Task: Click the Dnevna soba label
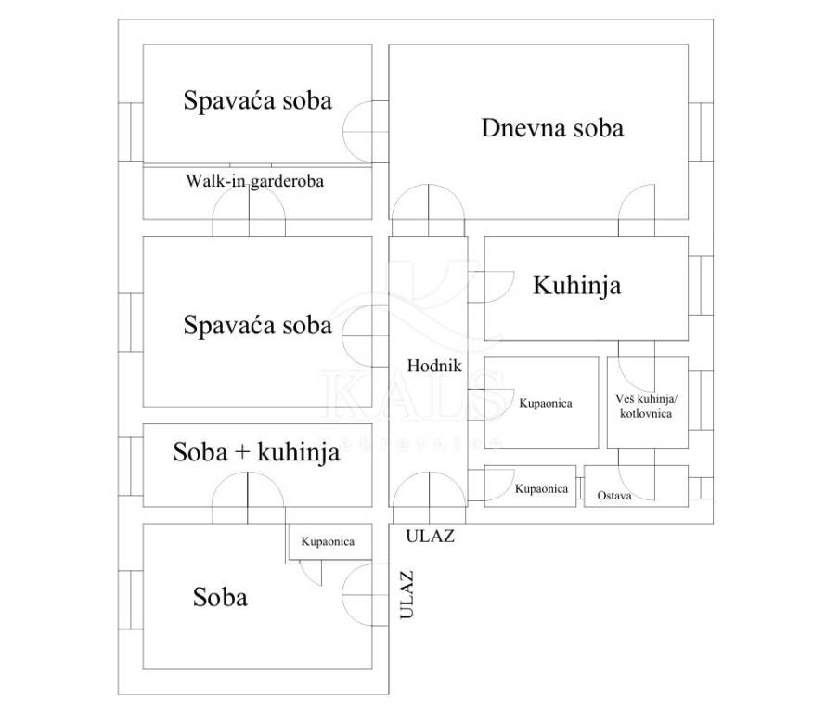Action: [x=552, y=128]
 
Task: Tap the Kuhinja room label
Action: [x=577, y=286]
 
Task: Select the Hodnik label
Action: [x=434, y=366]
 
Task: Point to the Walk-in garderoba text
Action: [x=254, y=181]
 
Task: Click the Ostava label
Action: [x=614, y=496]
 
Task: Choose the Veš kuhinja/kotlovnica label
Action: [x=646, y=407]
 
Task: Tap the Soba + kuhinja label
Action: [x=256, y=453]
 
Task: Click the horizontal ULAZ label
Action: [x=430, y=536]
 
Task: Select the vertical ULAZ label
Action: [x=407, y=594]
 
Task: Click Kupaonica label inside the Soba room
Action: [x=328, y=542]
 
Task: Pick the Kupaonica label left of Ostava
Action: [x=541, y=489]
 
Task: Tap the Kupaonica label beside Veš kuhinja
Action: [x=546, y=404]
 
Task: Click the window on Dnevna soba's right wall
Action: [x=701, y=132]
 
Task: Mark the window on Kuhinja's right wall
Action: [x=701, y=286]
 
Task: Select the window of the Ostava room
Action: [x=701, y=488]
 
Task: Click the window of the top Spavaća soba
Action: [x=131, y=132]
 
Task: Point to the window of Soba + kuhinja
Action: [x=131, y=466]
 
